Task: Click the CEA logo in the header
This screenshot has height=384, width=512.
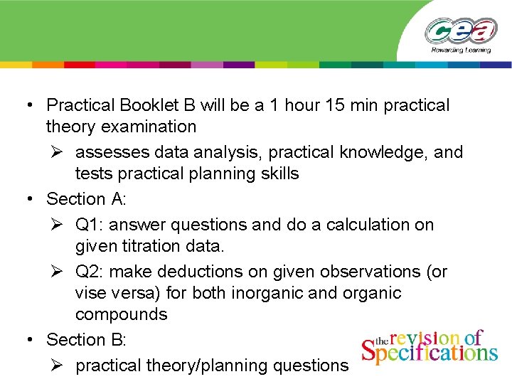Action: (462, 31)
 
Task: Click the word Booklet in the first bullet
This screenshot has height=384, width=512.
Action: (150, 105)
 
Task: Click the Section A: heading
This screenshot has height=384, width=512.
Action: (86, 199)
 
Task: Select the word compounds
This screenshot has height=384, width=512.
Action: (121, 314)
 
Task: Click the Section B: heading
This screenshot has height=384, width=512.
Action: (86, 340)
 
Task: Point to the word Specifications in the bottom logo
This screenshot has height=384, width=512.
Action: (430, 353)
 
